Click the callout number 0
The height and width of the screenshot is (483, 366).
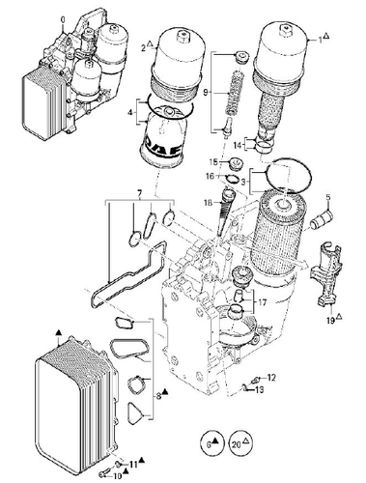click(63, 20)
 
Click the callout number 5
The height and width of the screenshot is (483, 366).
click(328, 197)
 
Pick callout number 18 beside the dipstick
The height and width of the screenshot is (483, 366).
click(208, 203)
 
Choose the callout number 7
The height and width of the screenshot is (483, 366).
click(140, 193)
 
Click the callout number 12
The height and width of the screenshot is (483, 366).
click(271, 378)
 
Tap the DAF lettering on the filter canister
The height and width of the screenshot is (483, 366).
click(164, 147)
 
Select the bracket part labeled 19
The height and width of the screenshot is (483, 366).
click(325, 278)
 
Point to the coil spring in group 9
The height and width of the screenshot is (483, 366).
click(235, 94)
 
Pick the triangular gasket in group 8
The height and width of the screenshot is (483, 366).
click(136, 412)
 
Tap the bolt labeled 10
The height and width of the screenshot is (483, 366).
click(103, 474)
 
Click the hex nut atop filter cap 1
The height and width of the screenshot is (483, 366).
click(285, 31)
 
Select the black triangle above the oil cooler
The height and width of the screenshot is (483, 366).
click(58, 332)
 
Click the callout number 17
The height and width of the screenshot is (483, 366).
click(263, 303)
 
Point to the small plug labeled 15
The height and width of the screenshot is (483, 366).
click(237, 163)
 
